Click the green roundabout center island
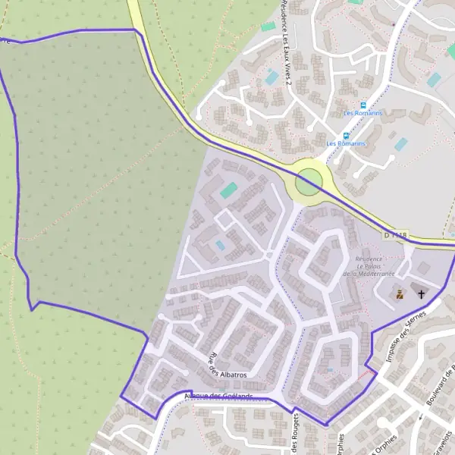tap(309, 183)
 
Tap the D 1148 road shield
tap(396, 236)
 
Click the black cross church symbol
tap(422, 293)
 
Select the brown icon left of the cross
tap(400, 293)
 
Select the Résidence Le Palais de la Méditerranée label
tap(369, 266)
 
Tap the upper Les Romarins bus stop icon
tap(362, 105)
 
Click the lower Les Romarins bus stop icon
tap(346, 136)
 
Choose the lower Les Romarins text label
tap(346, 143)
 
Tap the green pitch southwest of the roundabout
tap(228, 190)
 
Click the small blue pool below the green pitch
tap(221, 245)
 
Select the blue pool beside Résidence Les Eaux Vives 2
tap(271, 77)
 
